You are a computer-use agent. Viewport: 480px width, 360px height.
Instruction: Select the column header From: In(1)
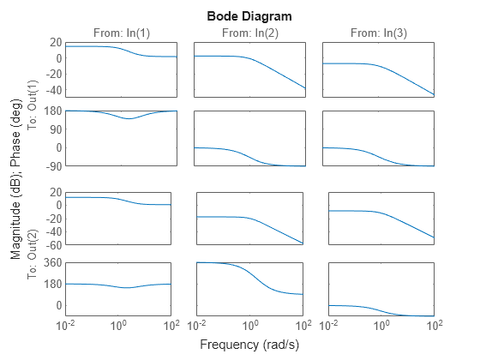pyautogui.click(x=121, y=33)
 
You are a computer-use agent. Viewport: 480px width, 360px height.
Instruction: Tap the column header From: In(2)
pyautogui.click(x=249, y=33)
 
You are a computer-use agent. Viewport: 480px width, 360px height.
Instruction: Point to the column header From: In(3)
pyautogui.click(x=378, y=33)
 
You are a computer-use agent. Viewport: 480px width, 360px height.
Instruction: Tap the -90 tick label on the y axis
pyautogui.click(x=51, y=165)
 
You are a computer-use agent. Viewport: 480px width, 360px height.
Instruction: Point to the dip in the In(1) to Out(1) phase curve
pyautogui.click(x=129, y=118)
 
